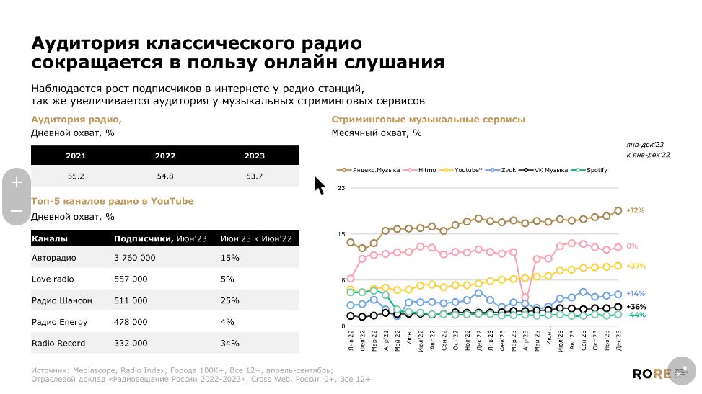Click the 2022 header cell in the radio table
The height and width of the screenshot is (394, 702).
point(164,156)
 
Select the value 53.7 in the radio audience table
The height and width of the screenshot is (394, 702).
point(254,176)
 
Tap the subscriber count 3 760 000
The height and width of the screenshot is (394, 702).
point(135,258)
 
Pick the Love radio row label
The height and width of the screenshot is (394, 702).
point(53,279)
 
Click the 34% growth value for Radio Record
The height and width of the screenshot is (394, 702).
point(229,344)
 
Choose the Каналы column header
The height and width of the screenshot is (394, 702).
point(50,238)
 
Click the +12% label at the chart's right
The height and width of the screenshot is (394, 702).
point(636,211)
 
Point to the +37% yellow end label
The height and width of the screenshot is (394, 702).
point(636,267)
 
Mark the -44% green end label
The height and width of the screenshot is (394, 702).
point(636,315)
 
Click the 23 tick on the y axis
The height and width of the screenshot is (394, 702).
point(342,188)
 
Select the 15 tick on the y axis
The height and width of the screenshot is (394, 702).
point(342,234)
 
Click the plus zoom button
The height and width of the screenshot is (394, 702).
point(17,183)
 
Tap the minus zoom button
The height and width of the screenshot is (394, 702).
point(17,211)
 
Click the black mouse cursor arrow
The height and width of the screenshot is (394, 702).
point(320,186)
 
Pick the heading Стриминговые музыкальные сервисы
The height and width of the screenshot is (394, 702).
point(428,120)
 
